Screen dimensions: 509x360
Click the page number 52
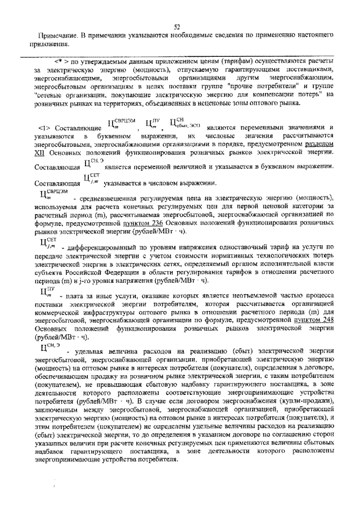(x=176, y=27)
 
